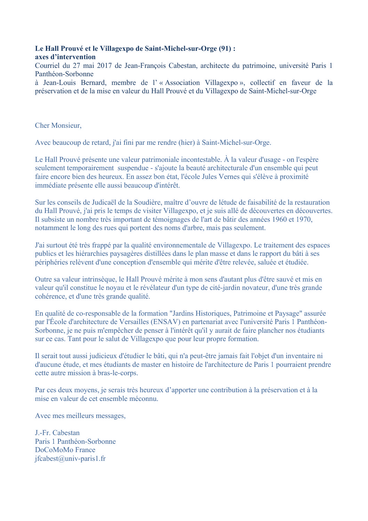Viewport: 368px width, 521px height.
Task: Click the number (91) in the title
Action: pyautogui.click(x=225, y=48)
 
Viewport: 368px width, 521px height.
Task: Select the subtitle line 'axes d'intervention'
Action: pyautogui.click(x=65, y=57)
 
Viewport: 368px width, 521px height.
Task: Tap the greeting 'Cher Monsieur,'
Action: pyautogui.click(x=58, y=125)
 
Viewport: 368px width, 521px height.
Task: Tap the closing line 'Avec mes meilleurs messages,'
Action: pyautogui.click(x=80, y=416)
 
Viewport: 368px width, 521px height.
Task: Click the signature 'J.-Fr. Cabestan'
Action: pyautogui.click(x=57, y=433)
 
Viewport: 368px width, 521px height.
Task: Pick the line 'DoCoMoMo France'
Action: pyautogui.click(x=65, y=450)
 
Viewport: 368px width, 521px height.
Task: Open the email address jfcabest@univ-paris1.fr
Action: pyautogui.click(x=70, y=459)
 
